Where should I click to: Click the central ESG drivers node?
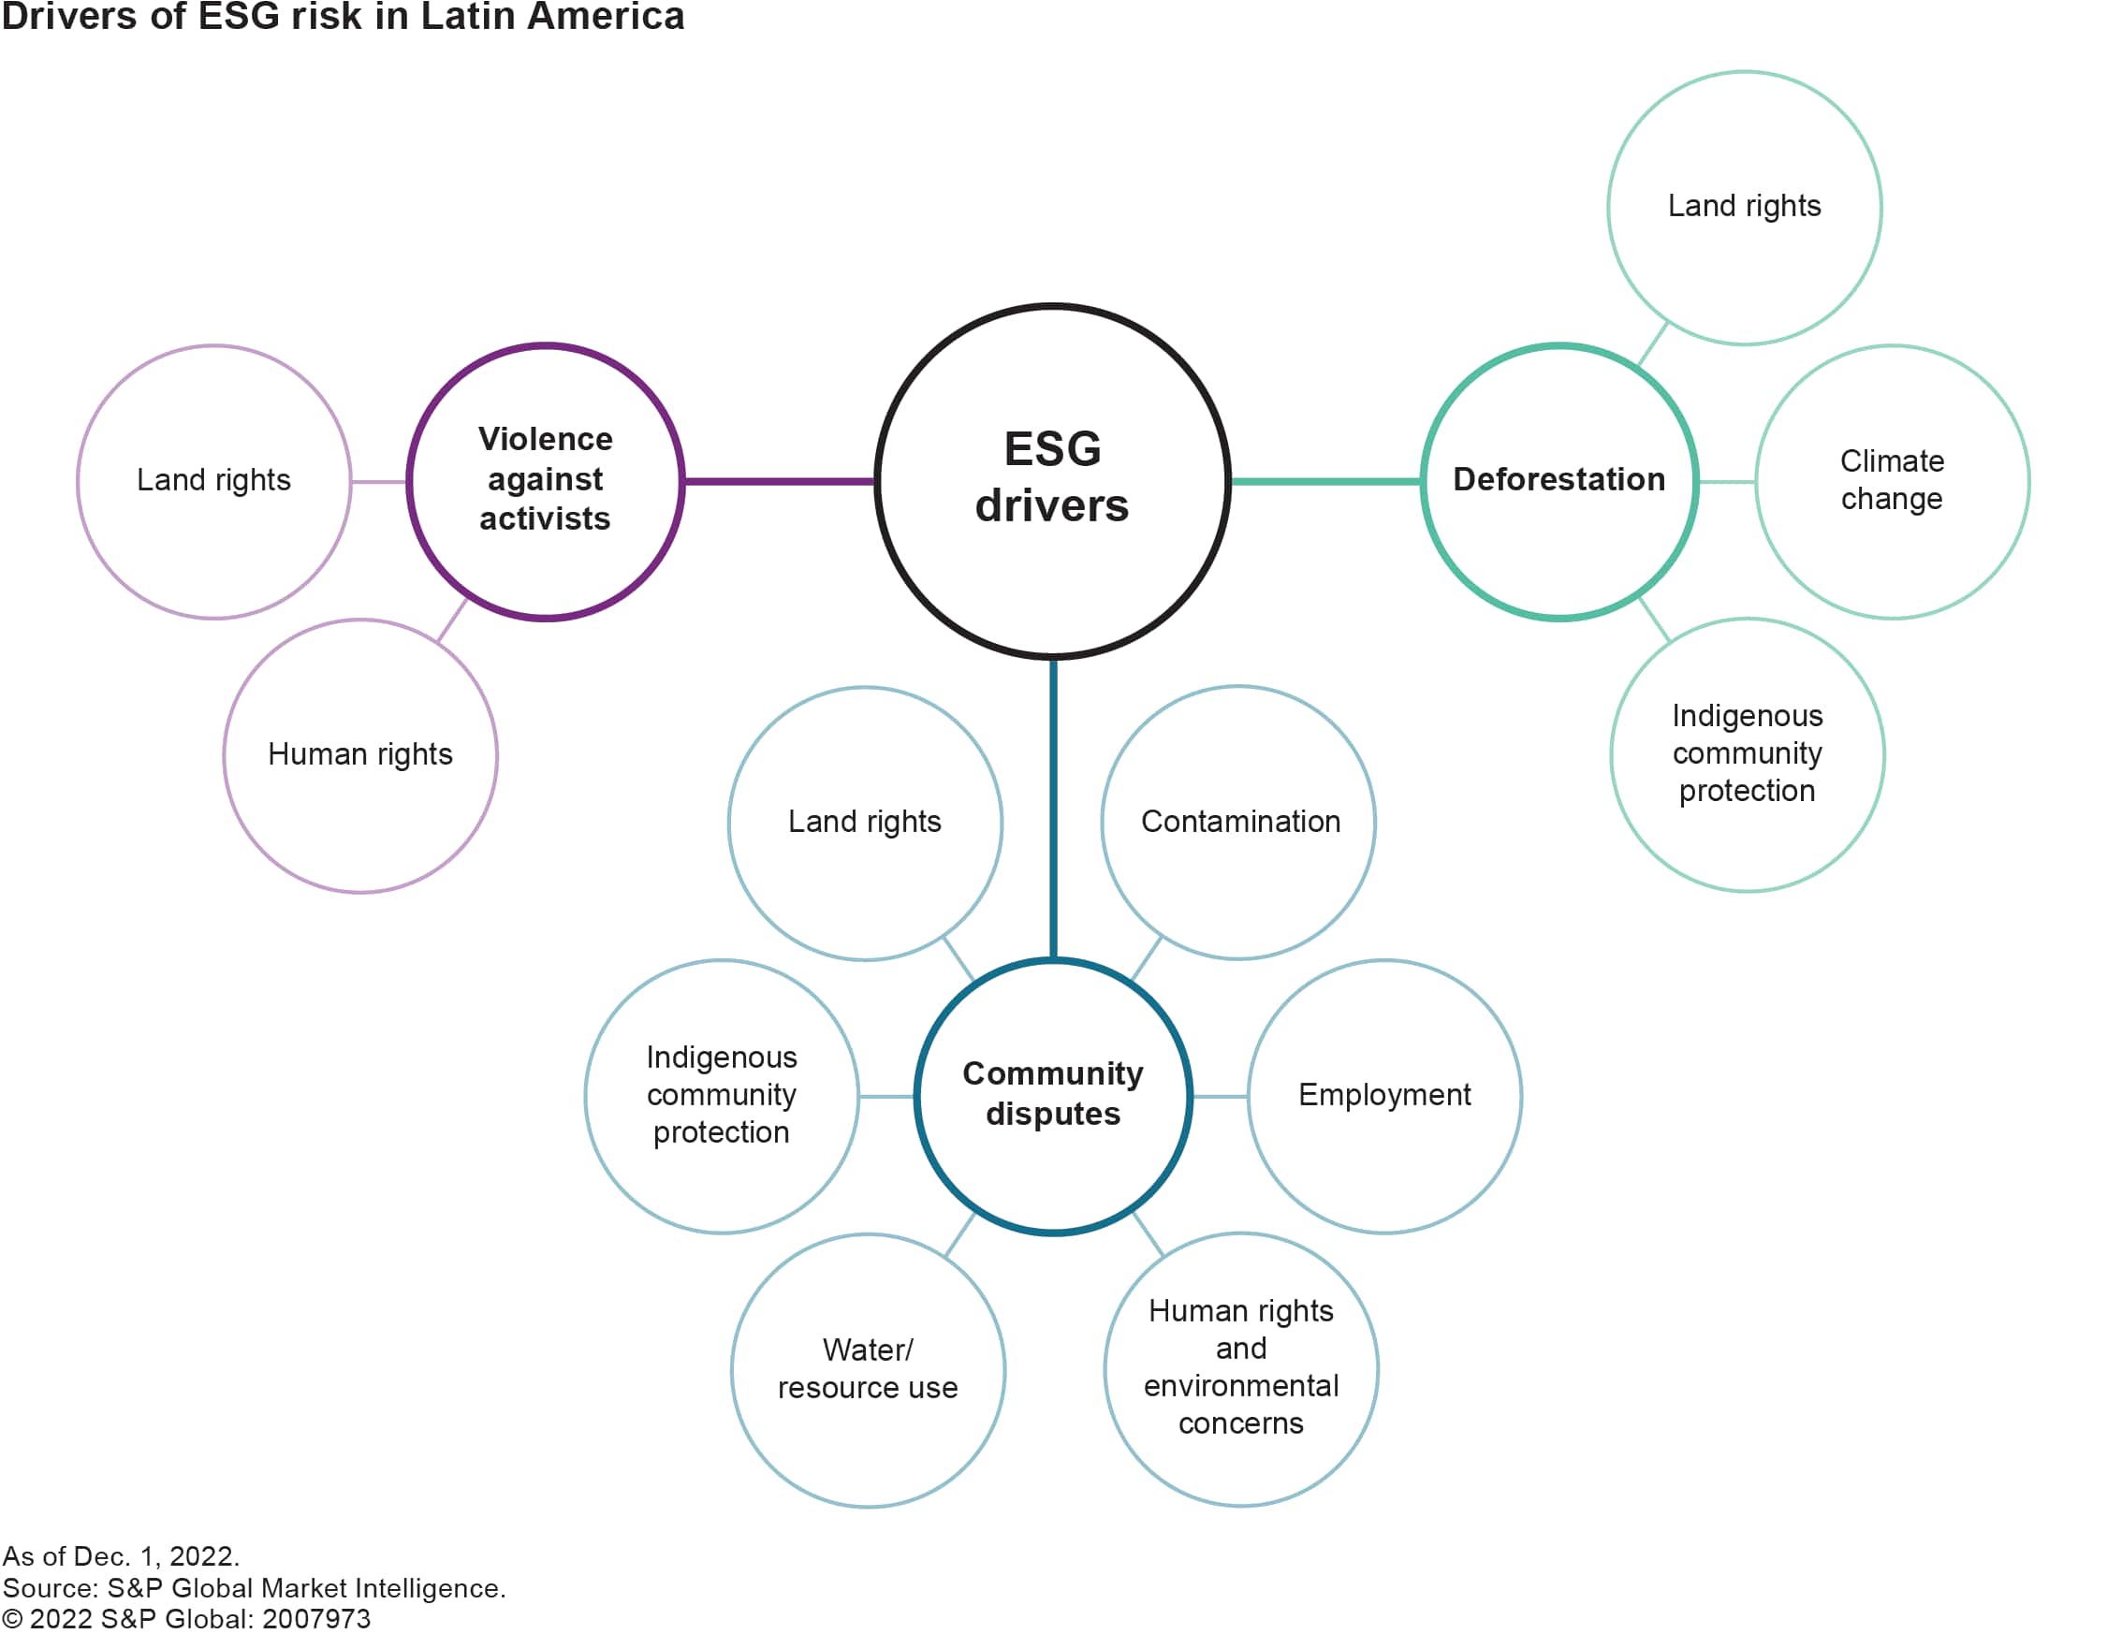tap(1051, 480)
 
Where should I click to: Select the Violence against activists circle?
tap(545, 480)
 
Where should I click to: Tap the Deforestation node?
tap(1559, 480)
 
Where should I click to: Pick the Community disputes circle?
tap(1052, 1096)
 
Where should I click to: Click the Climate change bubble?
tap(1891, 480)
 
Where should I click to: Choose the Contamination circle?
tap(1238, 822)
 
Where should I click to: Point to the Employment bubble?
tap(1384, 1096)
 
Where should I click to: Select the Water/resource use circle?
tap(868, 1370)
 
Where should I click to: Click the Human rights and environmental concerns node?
tap(1240, 1368)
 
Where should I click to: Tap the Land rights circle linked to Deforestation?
tap(1744, 207)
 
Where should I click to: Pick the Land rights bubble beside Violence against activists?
tap(213, 480)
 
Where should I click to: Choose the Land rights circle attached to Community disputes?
tap(864, 822)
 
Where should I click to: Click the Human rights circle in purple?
tap(359, 754)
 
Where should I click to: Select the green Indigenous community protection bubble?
tap(1748, 754)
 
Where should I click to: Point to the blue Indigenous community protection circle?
tap(721, 1096)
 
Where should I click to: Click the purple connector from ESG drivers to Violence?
tap(780, 480)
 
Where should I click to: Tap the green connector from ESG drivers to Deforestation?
tap(1325, 480)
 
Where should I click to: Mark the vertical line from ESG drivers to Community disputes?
tap(1052, 809)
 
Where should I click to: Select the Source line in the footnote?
tap(254, 1588)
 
